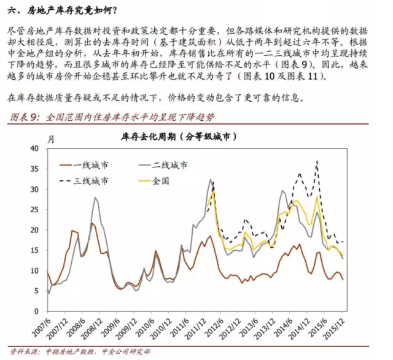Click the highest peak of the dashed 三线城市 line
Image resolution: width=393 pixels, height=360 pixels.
click(317, 162)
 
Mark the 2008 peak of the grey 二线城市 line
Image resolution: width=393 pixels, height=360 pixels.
click(96, 197)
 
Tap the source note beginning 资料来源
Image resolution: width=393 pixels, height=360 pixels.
click(80, 353)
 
